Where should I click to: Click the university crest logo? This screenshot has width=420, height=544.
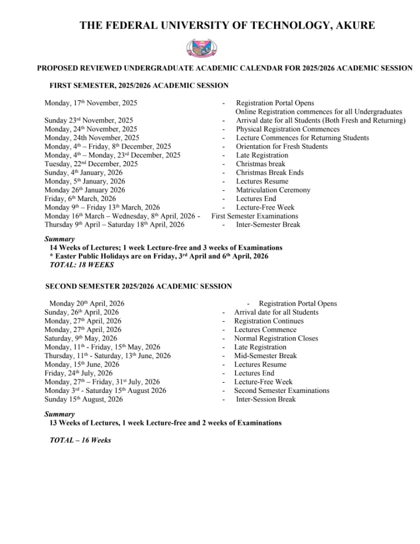pos(202,48)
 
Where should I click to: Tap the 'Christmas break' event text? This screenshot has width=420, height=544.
pos(260,164)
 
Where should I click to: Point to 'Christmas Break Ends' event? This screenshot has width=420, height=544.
pos(269,172)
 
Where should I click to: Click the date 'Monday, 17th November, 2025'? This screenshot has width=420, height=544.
pos(91,103)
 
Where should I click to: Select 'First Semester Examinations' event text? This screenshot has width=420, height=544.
pos(255,216)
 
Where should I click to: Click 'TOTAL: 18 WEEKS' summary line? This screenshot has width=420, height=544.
pos(82,264)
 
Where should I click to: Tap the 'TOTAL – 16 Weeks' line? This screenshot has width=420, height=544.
pos(80,440)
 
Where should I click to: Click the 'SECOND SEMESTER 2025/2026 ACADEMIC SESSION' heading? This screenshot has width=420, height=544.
pos(138,286)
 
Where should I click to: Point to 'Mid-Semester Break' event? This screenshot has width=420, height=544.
pos(265,356)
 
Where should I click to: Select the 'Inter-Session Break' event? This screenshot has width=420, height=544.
pos(266,399)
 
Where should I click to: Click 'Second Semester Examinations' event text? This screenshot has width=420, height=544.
pos(282,390)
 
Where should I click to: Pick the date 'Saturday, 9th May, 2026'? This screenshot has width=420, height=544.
pos(81,338)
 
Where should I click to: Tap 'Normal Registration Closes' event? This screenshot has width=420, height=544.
pos(276,338)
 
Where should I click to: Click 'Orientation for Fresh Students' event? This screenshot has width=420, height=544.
pos(282,147)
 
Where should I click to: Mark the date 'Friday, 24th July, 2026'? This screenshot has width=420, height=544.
pos(79,373)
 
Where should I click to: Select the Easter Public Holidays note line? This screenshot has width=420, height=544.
pos(162,256)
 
